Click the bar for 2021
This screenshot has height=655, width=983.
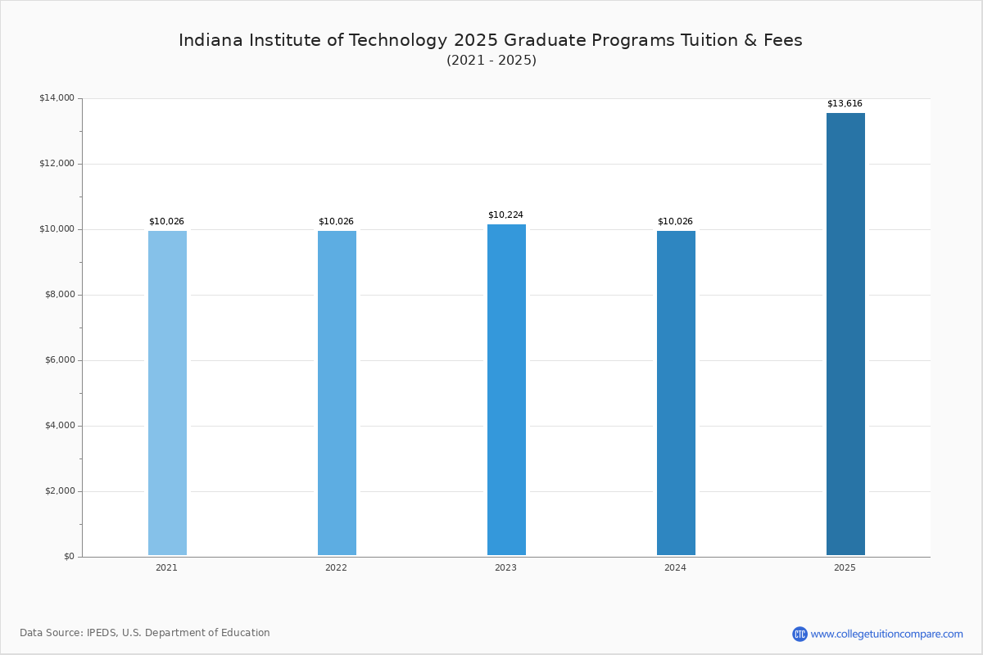click(x=167, y=393)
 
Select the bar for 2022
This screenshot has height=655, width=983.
click(x=337, y=393)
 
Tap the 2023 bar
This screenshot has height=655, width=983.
click(x=506, y=390)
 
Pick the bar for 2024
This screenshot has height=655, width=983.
click(x=676, y=393)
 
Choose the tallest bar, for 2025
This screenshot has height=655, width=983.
click(x=845, y=334)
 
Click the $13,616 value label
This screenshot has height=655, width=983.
click(x=845, y=104)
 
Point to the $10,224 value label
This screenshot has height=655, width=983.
click(x=505, y=215)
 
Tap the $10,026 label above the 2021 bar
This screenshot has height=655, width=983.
click(x=166, y=222)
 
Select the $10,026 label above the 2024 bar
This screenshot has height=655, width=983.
click(x=675, y=222)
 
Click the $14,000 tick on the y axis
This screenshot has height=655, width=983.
click(x=57, y=98)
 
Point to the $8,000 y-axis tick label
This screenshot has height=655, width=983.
click(x=59, y=295)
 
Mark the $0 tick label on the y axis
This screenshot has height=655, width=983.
click(x=69, y=557)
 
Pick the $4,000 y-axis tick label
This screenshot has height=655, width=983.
click(x=59, y=426)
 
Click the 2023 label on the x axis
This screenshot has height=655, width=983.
click(x=505, y=567)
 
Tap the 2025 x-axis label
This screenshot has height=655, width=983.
click(x=845, y=567)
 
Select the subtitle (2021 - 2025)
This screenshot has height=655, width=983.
click(x=491, y=61)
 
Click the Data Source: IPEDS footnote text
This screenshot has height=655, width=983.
click(x=145, y=633)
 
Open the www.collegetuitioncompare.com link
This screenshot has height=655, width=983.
click(x=886, y=634)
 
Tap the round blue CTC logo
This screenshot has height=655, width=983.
click(x=800, y=634)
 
